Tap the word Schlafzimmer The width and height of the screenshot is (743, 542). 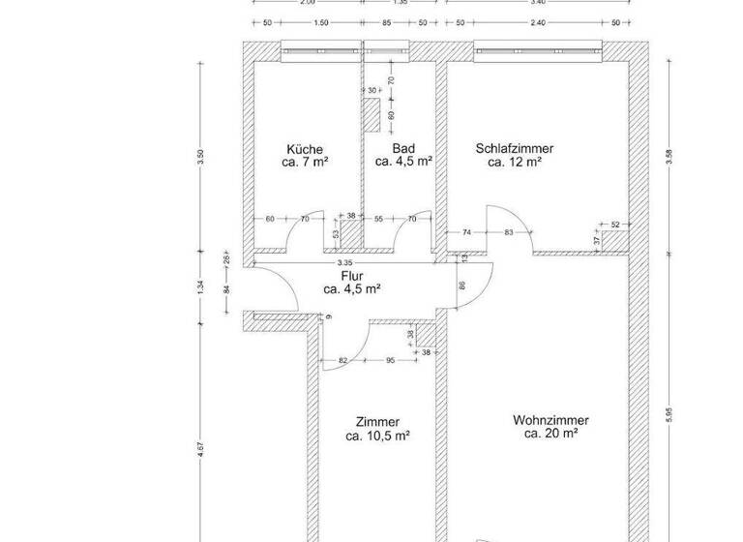click(x=514, y=148)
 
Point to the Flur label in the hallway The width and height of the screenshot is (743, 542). click(x=351, y=275)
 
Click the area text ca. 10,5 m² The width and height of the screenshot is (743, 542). click(x=377, y=436)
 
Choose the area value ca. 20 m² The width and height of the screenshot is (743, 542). click(x=550, y=435)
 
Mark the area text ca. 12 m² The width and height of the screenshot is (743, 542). click(x=514, y=163)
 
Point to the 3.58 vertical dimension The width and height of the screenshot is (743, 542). click(x=668, y=158)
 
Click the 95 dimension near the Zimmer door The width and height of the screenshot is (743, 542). click(x=390, y=361)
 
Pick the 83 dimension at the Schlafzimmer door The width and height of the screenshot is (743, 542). click(x=509, y=232)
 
